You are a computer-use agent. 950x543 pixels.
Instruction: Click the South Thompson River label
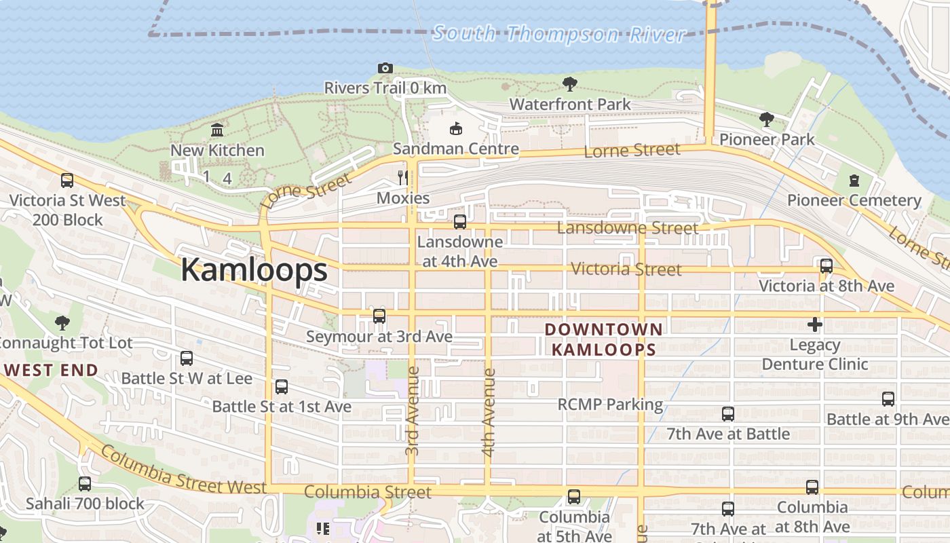click(559, 33)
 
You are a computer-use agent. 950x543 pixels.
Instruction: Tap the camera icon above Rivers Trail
click(385, 68)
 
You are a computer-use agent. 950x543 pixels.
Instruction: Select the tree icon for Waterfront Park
click(570, 84)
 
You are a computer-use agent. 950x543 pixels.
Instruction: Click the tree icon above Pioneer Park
click(767, 119)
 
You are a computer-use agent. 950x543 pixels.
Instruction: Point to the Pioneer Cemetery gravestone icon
click(854, 181)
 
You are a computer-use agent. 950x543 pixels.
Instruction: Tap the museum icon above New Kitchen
click(217, 130)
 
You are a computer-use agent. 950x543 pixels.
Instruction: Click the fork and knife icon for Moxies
click(403, 178)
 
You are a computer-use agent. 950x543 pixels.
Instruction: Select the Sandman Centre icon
click(456, 128)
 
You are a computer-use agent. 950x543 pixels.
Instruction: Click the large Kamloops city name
click(254, 270)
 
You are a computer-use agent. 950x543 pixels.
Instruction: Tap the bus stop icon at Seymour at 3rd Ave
click(379, 316)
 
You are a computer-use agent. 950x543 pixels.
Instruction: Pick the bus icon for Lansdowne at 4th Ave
click(460, 222)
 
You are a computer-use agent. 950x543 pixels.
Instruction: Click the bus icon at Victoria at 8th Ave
click(826, 266)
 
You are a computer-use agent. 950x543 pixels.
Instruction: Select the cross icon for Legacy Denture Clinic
click(815, 324)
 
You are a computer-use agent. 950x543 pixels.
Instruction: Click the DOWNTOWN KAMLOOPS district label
click(603, 339)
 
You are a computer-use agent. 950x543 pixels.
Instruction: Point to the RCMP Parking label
click(610, 405)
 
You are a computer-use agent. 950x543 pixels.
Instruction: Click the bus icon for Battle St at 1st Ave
click(282, 387)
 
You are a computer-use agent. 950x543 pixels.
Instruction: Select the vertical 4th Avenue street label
click(489, 412)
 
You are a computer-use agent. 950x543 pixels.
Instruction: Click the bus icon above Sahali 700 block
click(85, 484)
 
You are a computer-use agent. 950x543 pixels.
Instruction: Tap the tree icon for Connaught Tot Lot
click(62, 322)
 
